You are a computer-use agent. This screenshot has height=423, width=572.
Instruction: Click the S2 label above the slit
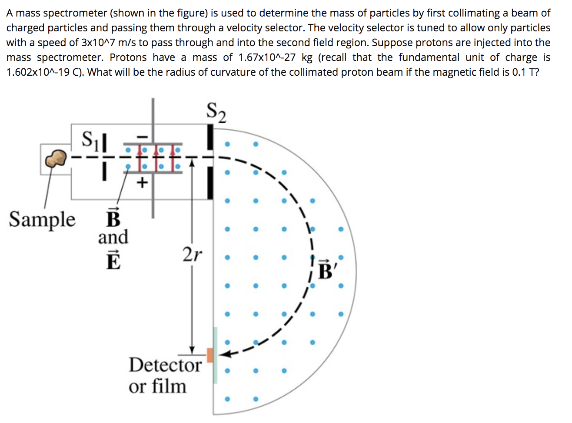coord(216,112)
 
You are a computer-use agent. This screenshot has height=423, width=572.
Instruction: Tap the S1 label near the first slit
coord(90,139)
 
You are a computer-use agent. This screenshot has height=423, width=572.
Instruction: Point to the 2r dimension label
coord(192,254)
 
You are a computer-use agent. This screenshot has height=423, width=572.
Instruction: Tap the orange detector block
coord(210,355)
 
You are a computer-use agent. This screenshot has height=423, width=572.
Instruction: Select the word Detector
coord(165,365)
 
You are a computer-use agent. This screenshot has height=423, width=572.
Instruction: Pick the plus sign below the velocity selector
coord(142,182)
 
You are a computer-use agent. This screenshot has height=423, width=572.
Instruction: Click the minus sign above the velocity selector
coord(142,136)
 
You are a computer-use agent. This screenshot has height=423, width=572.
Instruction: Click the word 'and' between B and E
coord(113,238)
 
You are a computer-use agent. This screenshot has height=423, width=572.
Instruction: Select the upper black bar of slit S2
coord(210,137)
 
